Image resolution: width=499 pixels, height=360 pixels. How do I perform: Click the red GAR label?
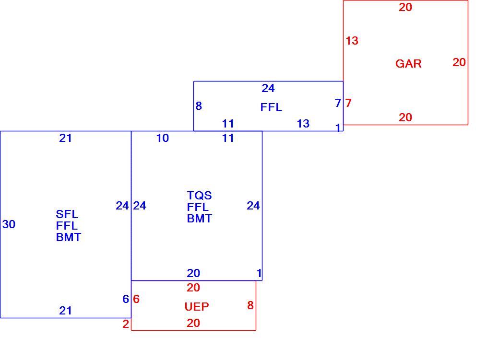pyautogui.click(x=408, y=64)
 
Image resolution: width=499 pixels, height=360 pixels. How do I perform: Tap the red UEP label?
pyautogui.click(x=197, y=307)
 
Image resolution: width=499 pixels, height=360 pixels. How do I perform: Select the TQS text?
pyautogui.click(x=199, y=195)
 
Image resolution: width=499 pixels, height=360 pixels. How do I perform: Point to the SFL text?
pyautogui.click(x=67, y=214)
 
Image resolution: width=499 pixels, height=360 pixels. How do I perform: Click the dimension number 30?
pyautogui.click(x=9, y=224)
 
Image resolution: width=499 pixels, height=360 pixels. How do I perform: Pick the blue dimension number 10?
pyautogui.click(x=162, y=138)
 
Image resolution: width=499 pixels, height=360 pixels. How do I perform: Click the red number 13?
pyautogui.click(x=352, y=41)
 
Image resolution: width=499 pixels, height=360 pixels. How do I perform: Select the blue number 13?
pyautogui.click(x=303, y=123)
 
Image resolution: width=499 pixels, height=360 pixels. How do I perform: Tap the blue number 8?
pyautogui.click(x=199, y=105)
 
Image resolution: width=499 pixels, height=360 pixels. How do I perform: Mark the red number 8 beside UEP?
pyautogui.click(x=250, y=305)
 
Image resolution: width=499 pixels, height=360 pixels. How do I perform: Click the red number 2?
pyautogui.click(x=126, y=324)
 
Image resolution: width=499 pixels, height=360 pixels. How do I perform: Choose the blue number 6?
pyautogui.click(x=126, y=299)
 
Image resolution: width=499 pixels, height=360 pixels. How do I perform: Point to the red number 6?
pyautogui.click(x=136, y=299)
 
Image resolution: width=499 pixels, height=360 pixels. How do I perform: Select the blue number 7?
pyautogui.click(x=338, y=103)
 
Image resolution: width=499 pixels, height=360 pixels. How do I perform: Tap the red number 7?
pyautogui.click(x=348, y=103)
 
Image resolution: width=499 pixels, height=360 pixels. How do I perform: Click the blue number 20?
pyautogui.click(x=193, y=273)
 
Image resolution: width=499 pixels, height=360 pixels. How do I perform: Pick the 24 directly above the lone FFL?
pyautogui.click(x=268, y=88)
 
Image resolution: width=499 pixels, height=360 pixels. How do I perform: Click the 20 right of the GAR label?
pyautogui.click(x=459, y=62)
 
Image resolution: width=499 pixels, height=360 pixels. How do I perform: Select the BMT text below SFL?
pyautogui.click(x=69, y=237)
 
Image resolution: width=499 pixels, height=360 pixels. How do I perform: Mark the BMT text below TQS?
pyautogui.click(x=199, y=219)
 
